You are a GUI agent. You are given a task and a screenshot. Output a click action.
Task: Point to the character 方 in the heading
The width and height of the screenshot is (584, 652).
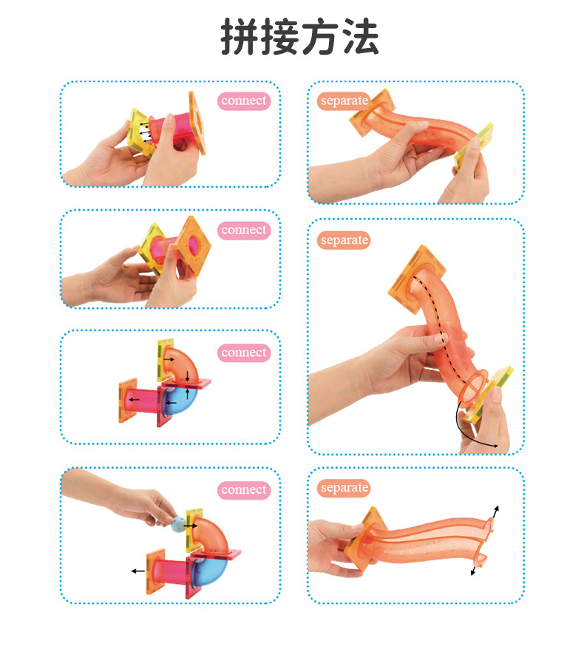pyautogui.click(x=320, y=37)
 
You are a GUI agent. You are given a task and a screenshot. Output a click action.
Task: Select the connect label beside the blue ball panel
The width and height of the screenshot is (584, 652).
pyautogui.click(x=244, y=490)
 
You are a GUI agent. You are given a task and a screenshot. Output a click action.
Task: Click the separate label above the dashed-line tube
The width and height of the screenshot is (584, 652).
pyautogui.click(x=344, y=240)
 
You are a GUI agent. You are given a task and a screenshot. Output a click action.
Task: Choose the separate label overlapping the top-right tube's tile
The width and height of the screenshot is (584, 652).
pyautogui.click(x=344, y=101)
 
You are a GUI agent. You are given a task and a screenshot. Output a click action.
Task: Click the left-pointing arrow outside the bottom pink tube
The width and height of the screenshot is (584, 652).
pyautogui.click(x=138, y=571)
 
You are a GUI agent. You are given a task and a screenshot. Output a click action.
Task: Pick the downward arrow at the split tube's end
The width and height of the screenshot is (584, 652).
pyautogui.click(x=473, y=570)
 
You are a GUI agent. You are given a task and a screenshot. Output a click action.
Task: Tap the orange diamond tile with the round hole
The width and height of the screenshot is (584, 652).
pyautogui.click(x=192, y=245)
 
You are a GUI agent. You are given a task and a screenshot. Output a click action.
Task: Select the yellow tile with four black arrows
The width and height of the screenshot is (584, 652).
pyautogui.click(x=141, y=132)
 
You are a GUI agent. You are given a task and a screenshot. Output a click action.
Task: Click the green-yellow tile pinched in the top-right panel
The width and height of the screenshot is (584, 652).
pyautogui.click(x=474, y=146)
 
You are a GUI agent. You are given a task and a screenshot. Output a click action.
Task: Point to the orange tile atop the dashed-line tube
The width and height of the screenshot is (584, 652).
pyautogui.click(x=417, y=278)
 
